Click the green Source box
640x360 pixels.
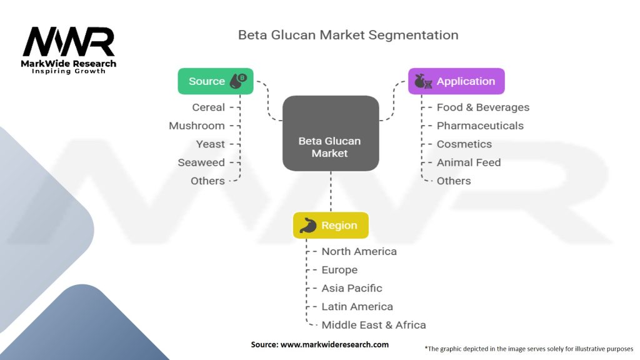click(216, 81)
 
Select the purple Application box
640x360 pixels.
click(456, 81)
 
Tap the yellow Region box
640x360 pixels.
click(331, 225)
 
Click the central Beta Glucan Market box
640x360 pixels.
click(331, 134)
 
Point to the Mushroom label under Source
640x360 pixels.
click(197, 126)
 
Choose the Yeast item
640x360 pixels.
click(210, 144)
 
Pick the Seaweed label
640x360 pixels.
click(201, 162)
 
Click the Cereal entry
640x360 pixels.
click(209, 107)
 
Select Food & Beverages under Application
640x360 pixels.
click(483, 107)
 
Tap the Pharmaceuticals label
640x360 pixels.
click(480, 126)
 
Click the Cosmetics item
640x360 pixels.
click(464, 144)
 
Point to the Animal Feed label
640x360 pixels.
click(469, 162)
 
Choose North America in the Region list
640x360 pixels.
click(359, 251)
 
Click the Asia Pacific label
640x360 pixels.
click(352, 288)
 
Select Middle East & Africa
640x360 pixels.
click(374, 325)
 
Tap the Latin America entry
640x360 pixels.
click(357, 306)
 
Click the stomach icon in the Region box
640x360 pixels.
click(308, 225)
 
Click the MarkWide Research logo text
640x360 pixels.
click(69, 64)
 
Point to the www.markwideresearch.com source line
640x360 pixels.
click(319, 344)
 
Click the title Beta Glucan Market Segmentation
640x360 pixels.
click(348, 35)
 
